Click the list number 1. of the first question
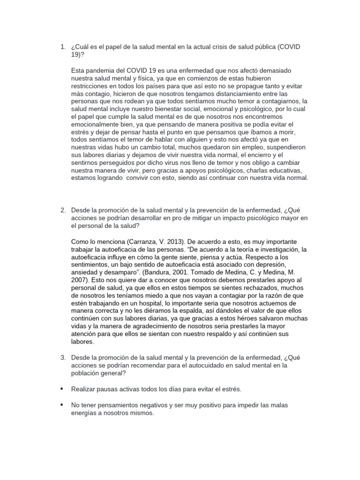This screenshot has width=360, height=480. point(63,47)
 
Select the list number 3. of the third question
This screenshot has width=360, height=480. point(63,358)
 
